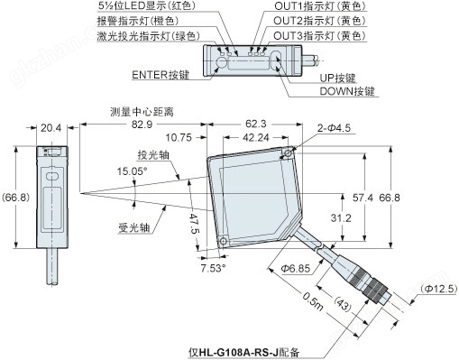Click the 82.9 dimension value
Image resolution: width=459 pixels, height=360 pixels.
tap(142, 125)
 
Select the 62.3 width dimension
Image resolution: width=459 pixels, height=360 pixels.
tap(256, 124)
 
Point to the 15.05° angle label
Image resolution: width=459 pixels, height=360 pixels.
tap(133, 171)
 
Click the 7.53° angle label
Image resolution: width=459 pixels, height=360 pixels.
tap(214, 268)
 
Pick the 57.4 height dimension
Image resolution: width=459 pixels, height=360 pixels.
tap(363, 198)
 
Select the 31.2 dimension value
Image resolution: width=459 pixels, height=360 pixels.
tap(341, 217)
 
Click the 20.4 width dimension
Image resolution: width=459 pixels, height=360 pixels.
tap(50, 128)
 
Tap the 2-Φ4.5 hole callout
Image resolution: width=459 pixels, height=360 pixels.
tap(334, 128)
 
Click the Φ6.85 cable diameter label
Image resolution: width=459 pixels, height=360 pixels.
tap(295, 268)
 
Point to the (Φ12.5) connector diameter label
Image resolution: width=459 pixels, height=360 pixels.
tap(439, 289)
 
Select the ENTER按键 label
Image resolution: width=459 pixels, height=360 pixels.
tap(161, 75)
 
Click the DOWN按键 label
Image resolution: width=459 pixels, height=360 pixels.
tap(347, 91)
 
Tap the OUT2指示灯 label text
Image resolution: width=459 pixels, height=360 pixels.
tap(304, 21)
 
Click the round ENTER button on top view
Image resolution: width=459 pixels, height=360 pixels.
tap(222, 62)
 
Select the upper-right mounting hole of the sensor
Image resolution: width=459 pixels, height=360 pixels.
tap(288, 153)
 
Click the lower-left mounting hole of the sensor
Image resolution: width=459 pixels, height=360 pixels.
tap(224, 241)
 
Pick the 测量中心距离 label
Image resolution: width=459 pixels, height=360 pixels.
tap(142, 112)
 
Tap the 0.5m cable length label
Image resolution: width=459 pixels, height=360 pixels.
tap(313, 301)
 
